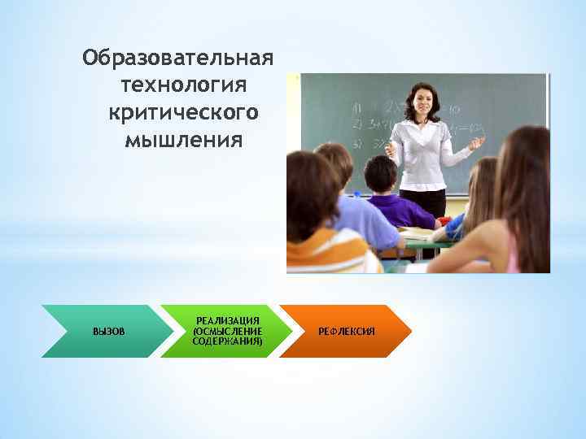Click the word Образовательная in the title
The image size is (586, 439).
177,60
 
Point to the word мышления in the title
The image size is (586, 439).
183,139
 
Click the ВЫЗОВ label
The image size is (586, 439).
109,332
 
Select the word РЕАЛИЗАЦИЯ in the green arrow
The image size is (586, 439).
228,322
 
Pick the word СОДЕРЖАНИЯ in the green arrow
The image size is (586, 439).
228,341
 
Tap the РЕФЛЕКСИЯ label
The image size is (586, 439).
347,332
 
